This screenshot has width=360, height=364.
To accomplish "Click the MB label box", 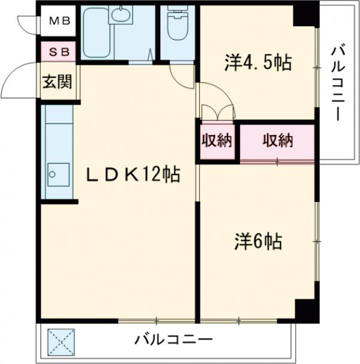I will pos(59,22).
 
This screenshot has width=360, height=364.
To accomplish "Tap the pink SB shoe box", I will pos(58,52).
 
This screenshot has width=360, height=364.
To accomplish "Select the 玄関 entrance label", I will pos(57,80).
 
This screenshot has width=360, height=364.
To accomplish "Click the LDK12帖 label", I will pos(133,175).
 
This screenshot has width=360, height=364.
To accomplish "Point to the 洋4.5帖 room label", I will pos(258,62).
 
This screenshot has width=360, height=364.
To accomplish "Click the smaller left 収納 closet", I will pos(217,142).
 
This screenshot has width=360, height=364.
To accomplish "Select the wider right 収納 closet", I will pos(277,142).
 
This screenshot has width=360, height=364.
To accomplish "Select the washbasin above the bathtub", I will pos(123,15).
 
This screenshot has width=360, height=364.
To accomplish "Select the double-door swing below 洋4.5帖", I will pos(217,112).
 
